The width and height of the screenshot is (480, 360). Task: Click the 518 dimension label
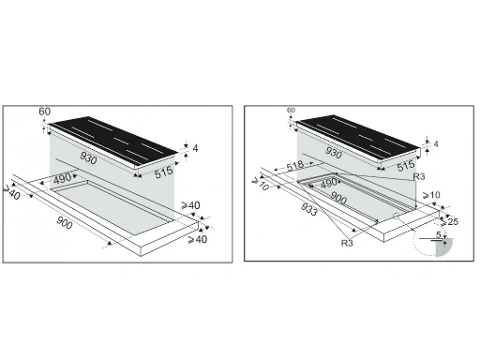[296, 165]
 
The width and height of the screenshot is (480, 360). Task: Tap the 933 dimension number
[309, 209]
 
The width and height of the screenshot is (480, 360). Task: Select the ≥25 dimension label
[449, 221]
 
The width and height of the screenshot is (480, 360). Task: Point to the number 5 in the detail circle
[439, 234]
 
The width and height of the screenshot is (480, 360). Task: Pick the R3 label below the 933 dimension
[347, 243]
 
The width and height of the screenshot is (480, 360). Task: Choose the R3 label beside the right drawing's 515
[419, 176]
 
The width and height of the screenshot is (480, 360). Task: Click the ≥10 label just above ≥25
[431, 195]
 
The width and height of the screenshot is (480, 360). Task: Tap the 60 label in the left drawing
[45, 112]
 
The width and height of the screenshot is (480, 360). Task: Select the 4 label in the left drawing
[195, 148]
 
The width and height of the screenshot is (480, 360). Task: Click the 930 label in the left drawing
[88, 157]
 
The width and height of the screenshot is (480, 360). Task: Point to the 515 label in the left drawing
[164, 172]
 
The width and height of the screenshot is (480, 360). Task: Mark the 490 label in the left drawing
[62, 179]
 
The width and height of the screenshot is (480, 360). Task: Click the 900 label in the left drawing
[65, 222]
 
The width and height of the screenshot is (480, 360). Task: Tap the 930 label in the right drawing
[334, 153]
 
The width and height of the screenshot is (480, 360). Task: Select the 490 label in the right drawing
[329, 183]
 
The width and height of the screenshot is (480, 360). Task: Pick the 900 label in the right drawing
[338, 198]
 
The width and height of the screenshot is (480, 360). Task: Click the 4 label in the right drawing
[436, 144]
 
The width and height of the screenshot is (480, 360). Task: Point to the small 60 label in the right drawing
[291, 110]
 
